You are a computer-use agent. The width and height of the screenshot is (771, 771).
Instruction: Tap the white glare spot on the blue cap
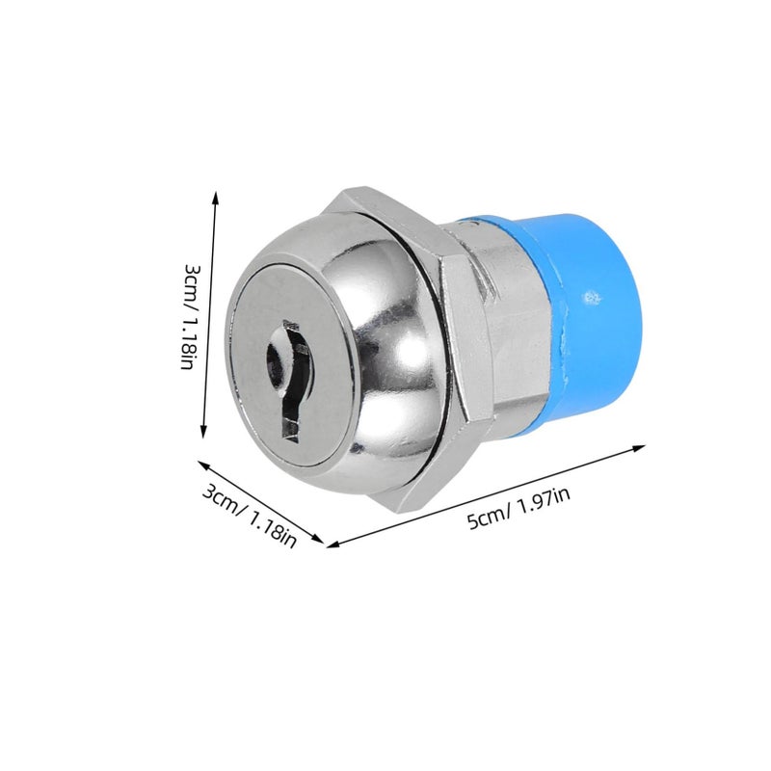tap(592, 298)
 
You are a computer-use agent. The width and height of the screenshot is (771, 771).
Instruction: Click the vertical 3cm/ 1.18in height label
tap(191, 317)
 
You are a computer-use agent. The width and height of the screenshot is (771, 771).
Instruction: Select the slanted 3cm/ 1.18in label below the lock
tap(250, 516)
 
